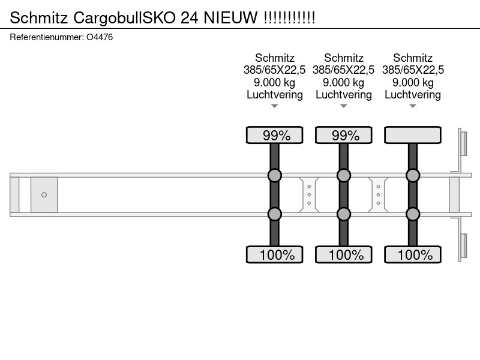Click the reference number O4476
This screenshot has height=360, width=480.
tap(100, 37)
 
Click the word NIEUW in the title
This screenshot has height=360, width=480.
tap(230, 17)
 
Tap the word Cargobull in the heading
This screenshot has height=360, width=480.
tap(108, 18)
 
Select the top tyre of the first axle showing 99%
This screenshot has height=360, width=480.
tap(275, 135)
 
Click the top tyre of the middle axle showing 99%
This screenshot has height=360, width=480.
tap(344, 135)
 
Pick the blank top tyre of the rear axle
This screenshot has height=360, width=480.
tap(413, 135)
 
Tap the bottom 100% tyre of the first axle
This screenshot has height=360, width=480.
tap(275, 254)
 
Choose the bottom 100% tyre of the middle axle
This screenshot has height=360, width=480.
tap(344, 254)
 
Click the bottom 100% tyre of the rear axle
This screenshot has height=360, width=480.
tap(413, 254)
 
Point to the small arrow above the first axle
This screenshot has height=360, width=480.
tap(275, 106)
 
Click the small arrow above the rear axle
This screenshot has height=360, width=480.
tap(413, 106)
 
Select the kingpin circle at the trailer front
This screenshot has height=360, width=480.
tap(44, 194)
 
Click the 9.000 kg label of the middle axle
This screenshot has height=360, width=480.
tap(343, 82)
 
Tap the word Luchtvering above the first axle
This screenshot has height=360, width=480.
tap(275, 95)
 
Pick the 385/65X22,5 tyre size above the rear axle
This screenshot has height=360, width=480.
tap(413, 70)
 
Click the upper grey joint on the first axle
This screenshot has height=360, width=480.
tap(275, 175)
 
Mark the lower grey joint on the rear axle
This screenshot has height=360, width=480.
tap(413, 214)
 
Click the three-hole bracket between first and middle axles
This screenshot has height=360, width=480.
tap(309, 194)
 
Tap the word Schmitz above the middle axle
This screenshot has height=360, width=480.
tap(343, 58)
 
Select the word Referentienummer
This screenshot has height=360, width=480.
tap(47, 37)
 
